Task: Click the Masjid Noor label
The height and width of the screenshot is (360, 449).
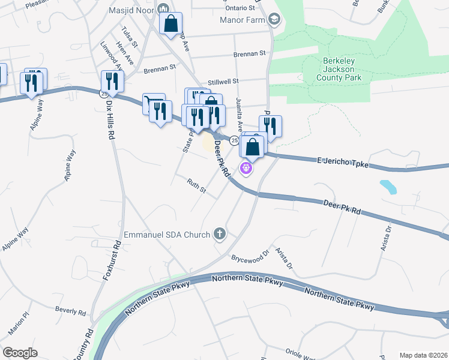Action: (x=130, y=10)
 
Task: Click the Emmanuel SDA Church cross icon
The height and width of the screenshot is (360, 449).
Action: (x=220, y=234)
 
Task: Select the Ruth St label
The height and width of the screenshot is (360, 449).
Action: (x=196, y=187)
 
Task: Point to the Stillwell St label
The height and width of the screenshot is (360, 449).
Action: (x=223, y=81)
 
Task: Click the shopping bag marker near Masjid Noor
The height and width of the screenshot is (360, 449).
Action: (x=171, y=23)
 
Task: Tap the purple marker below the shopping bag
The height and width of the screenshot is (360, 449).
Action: (x=245, y=168)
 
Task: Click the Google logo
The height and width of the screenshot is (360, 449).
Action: (x=20, y=352)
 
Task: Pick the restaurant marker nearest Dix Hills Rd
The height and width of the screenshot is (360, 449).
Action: (x=112, y=80)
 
